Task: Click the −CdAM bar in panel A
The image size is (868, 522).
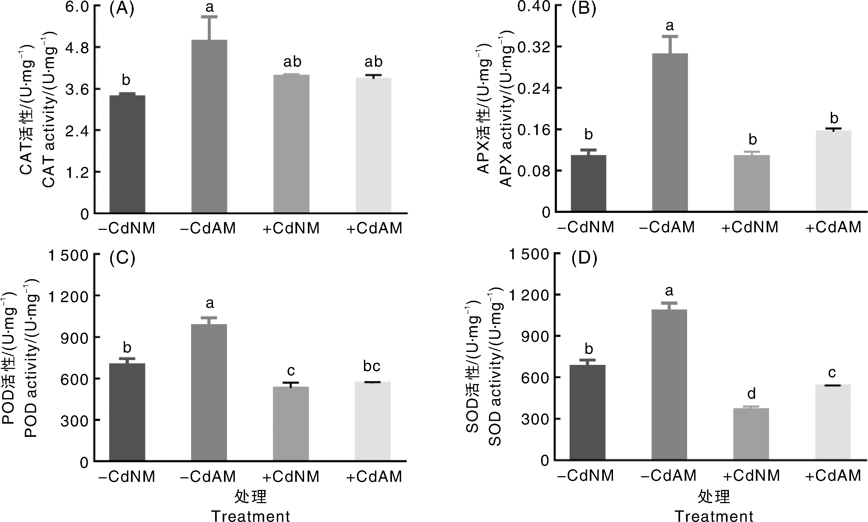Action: pos(209,127)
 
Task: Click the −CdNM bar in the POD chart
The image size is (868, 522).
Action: pos(127,412)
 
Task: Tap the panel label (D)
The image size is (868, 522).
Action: pos(584,258)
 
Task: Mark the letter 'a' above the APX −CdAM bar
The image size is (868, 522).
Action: pos(670,25)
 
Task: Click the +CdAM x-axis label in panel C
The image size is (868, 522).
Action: pos(374,477)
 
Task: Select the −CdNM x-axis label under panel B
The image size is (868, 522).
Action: pos(586,227)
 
